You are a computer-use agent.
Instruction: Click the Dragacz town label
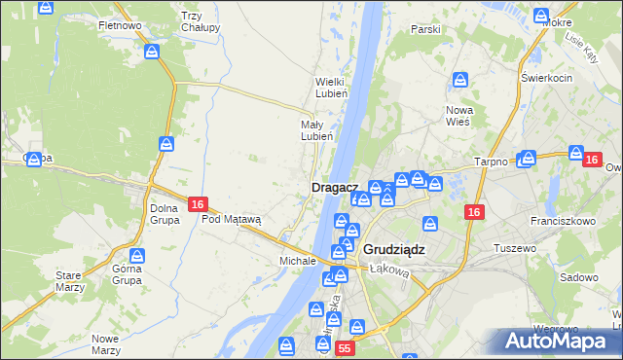point(335,186)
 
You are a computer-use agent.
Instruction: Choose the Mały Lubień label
point(316,130)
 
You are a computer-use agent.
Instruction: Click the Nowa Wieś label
point(458,116)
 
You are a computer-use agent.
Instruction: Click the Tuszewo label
point(517,248)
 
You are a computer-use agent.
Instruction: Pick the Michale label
point(298,261)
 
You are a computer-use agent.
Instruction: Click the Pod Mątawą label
point(232,219)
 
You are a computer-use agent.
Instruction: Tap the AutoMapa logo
point(558,342)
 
